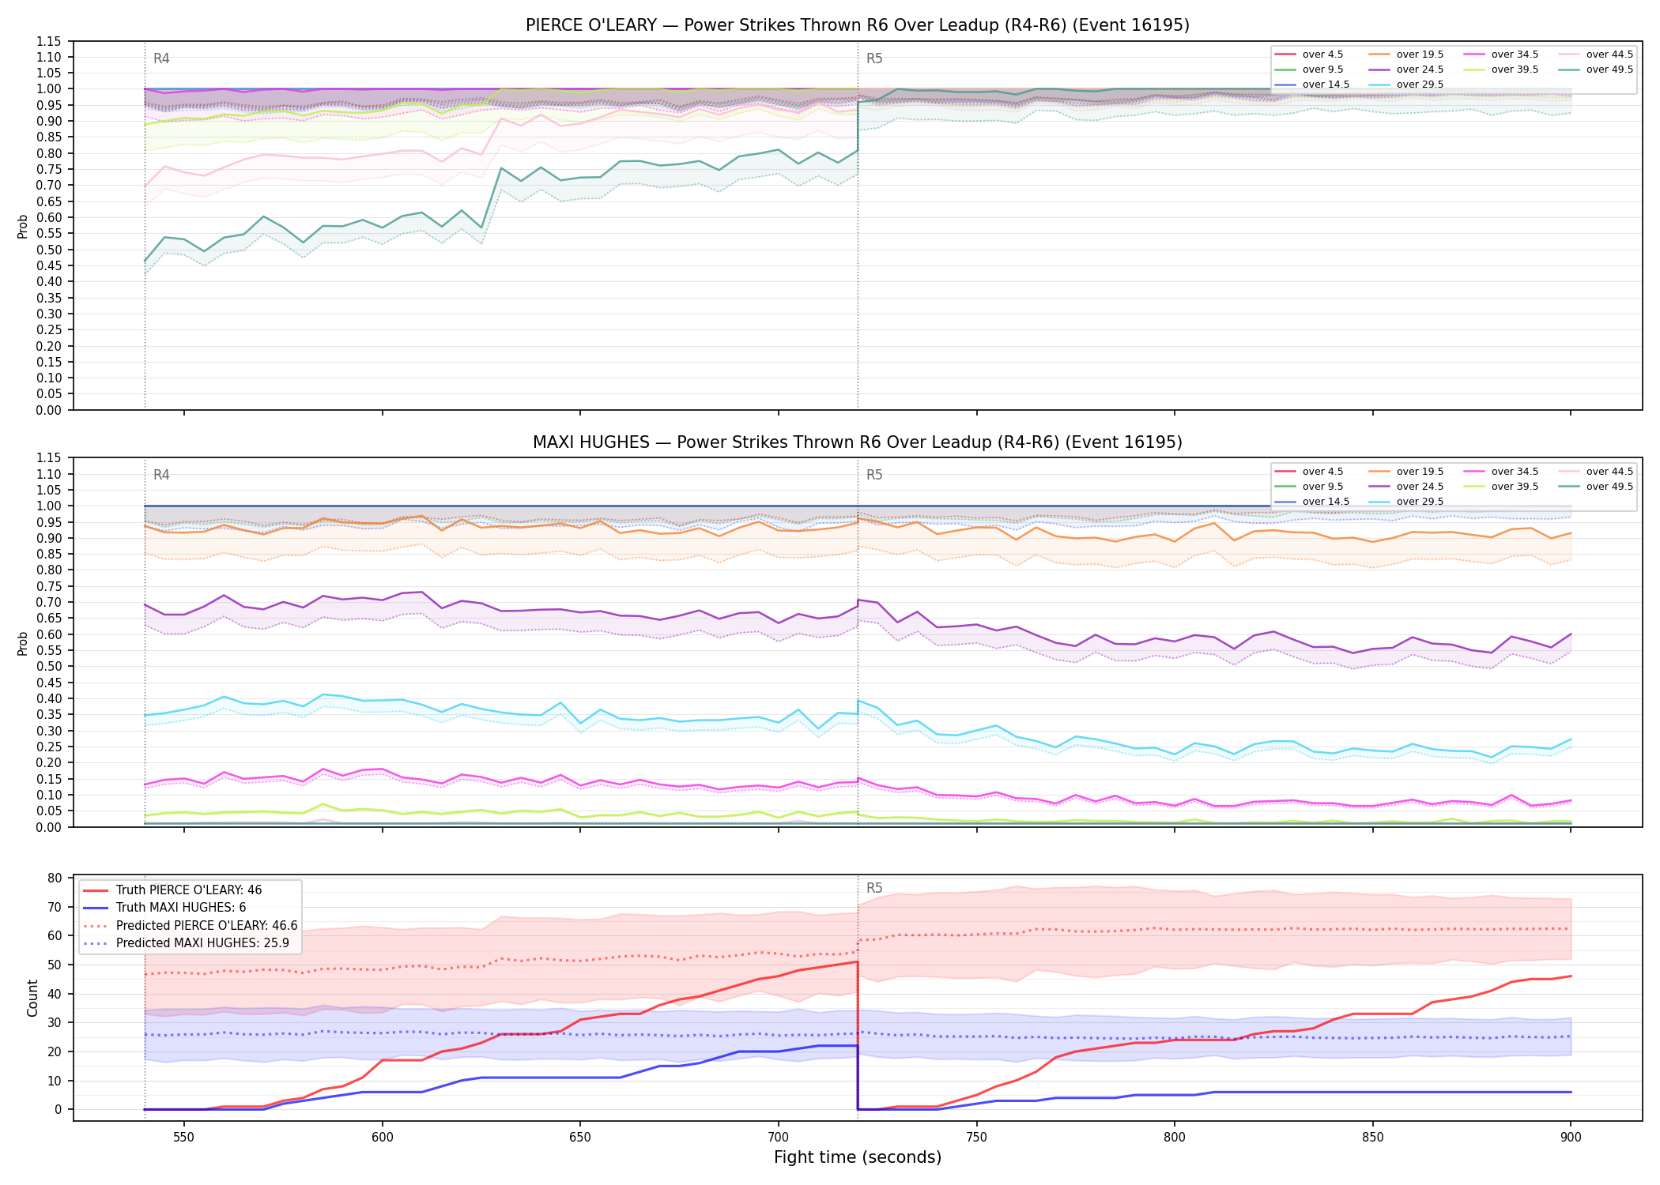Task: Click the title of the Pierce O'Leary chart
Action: click(x=857, y=25)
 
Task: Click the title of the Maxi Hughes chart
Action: click(x=857, y=442)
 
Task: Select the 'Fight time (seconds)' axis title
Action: click(x=857, y=1157)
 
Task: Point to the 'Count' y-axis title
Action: click(x=32, y=998)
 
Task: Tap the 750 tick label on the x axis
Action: click(x=977, y=1130)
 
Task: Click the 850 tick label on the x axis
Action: click(x=1373, y=1130)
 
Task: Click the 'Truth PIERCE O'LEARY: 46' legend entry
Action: click(x=189, y=890)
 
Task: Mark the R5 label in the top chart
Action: click(x=874, y=58)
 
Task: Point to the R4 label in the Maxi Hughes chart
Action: click(x=161, y=475)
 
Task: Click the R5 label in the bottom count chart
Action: click(x=874, y=888)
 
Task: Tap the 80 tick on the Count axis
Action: click(x=55, y=878)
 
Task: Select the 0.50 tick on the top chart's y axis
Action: click(x=49, y=250)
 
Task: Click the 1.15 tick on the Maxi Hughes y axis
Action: click(x=49, y=458)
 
